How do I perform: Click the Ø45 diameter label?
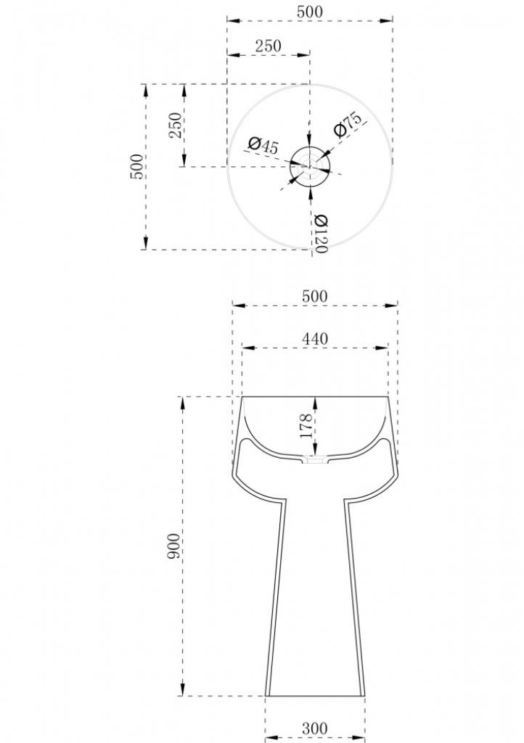pyautogui.click(x=263, y=145)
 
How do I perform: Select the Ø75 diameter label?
pyautogui.click(x=348, y=124)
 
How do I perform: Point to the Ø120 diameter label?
pyautogui.click(x=321, y=234)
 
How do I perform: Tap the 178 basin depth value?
pyautogui.click(x=306, y=425)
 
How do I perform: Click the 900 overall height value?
pyautogui.click(x=174, y=546)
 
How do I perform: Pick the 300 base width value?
pyautogui.click(x=314, y=728)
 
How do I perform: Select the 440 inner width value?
pyautogui.click(x=314, y=339)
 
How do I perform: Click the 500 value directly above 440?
pyautogui.click(x=314, y=296)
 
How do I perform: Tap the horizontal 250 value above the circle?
pyautogui.click(x=268, y=46)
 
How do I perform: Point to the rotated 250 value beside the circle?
pyautogui.click(x=176, y=125)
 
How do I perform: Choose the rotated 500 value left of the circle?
pyautogui.click(x=136, y=166)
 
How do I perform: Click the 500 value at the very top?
pyautogui.click(x=310, y=12)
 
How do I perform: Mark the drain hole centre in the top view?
pyautogui.click(x=310, y=166)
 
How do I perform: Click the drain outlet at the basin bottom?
pyautogui.click(x=315, y=459)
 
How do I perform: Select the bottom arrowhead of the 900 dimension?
pyautogui.click(x=183, y=689)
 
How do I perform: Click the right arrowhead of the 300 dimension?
pyautogui.click(x=359, y=738)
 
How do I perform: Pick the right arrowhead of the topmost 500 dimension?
pyautogui.click(x=386, y=20)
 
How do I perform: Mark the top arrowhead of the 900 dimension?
pyautogui.click(x=183, y=403)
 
